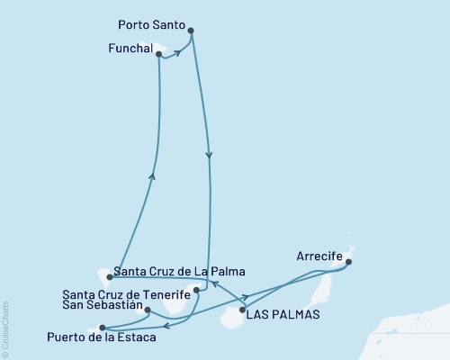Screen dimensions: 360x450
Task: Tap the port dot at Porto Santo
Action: (191, 31)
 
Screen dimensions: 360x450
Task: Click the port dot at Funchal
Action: (159, 55)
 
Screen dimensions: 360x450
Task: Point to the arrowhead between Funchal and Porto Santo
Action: (176, 52)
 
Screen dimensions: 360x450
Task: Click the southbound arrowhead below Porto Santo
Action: (210, 155)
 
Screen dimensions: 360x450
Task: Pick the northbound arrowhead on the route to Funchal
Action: (151, 175)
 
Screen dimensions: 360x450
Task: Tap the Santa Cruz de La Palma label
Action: (178, 271)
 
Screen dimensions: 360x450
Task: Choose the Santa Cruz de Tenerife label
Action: (127, 294)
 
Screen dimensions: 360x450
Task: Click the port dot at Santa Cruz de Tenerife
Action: (196, 291)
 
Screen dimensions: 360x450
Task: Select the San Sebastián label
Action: (103, 306)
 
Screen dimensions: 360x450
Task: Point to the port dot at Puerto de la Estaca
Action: (103, 328)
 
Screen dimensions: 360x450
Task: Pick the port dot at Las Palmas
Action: (242, 310)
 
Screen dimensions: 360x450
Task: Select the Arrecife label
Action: (319, 255)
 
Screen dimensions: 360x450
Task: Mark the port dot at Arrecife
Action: (348, 263)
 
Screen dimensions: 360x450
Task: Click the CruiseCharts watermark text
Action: (5, 328)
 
